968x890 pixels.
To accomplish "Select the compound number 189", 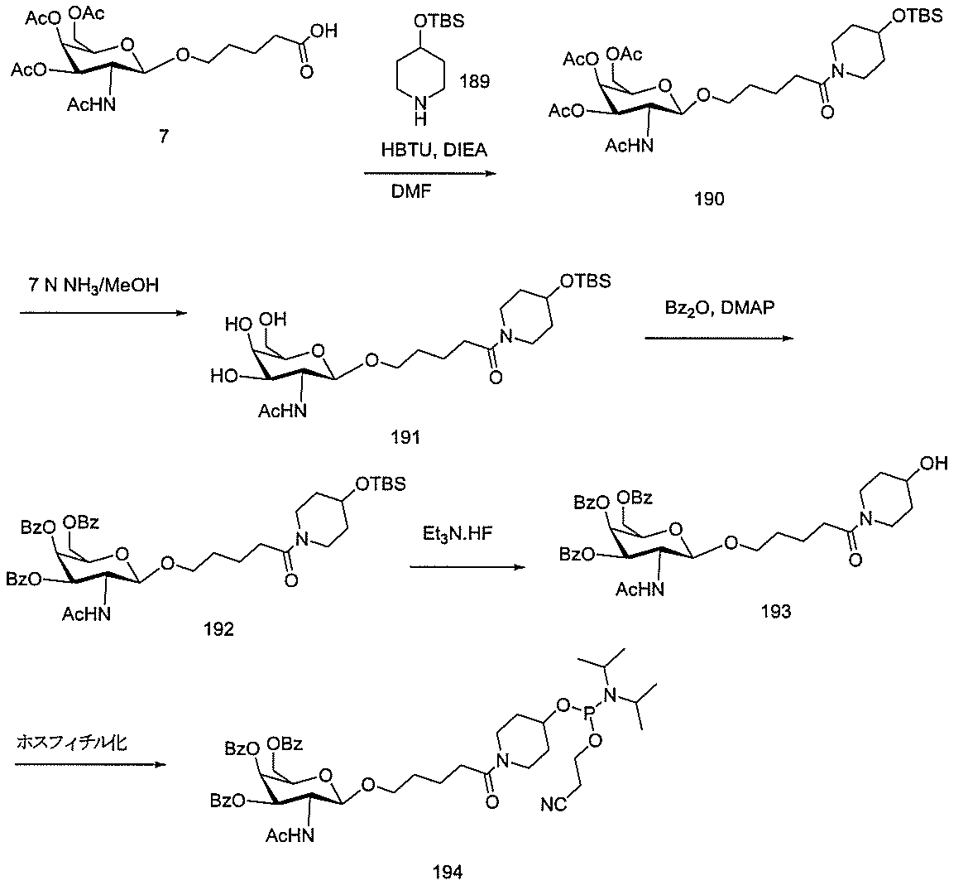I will (x=477, y=82).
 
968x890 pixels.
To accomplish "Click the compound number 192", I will (x=217, y=631).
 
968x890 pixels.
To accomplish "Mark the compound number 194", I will (x=447, y=872).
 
